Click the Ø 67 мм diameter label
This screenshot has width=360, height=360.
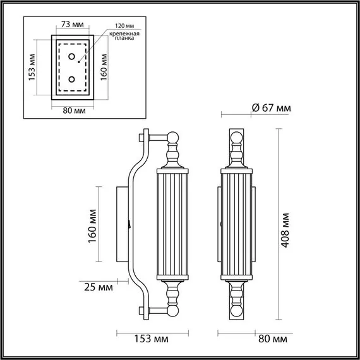271,108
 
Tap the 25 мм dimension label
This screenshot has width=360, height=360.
99,287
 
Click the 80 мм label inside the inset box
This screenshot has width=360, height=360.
75,111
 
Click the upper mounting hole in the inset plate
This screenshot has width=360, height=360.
73,58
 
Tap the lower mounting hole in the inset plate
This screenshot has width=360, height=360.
73,80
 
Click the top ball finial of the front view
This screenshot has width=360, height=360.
237,138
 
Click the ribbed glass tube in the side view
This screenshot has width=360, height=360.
174,224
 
